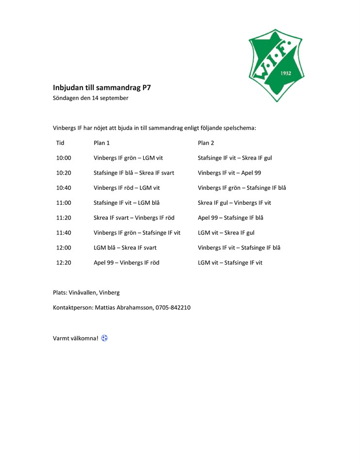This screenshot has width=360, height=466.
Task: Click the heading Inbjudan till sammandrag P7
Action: pos(105,88)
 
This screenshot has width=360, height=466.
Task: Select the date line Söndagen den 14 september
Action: pos(91,98)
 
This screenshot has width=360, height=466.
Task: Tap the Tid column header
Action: pos(60,143)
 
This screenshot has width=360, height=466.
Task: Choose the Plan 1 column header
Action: pos(101,143)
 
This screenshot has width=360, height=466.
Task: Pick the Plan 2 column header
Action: pos(206,143)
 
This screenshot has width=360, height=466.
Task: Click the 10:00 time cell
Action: pos(64,158)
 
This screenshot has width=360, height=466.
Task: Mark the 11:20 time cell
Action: pos(64,217)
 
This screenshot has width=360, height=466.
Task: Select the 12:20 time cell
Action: pos(64,263)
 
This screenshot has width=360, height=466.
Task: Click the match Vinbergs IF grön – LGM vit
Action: pos(128,158)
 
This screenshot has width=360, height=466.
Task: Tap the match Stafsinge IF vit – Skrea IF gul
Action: pos(235,158)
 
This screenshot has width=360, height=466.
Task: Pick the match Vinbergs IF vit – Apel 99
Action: pos(229,173)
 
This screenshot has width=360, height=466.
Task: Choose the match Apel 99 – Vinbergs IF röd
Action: pos(126,263)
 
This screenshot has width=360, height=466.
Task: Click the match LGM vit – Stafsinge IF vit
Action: pos(230,263)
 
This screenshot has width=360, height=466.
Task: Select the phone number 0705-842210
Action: pos(173,307)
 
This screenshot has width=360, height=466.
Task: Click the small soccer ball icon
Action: pos(104,338)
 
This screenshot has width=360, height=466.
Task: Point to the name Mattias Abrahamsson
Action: pos(123,307)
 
